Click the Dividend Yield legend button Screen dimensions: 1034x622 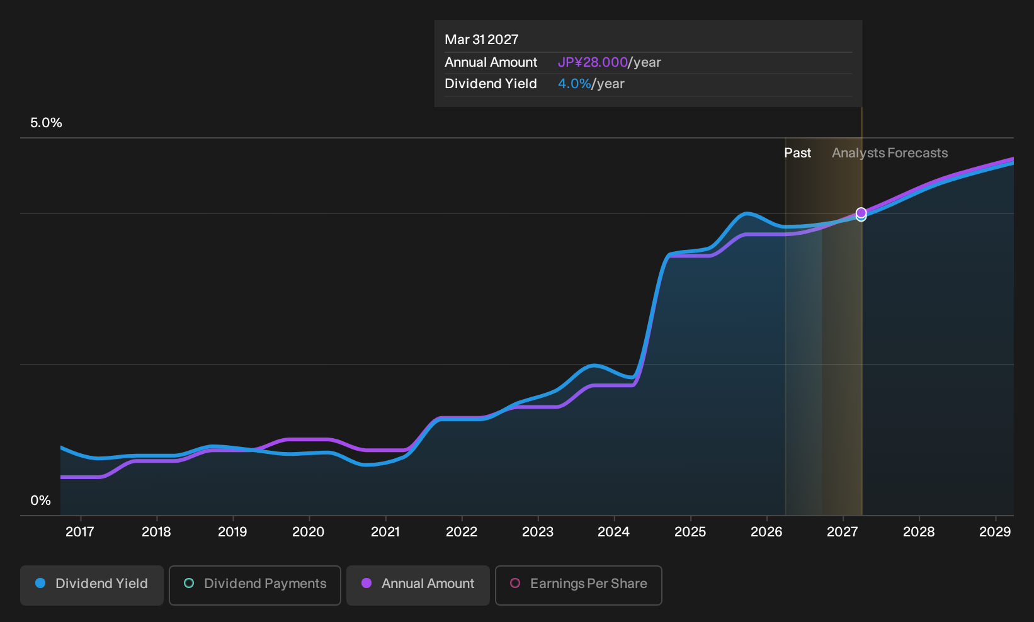[x=92, y=585]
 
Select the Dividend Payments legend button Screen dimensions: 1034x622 [x=255, y=585]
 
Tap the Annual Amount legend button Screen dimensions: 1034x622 [x=418, y=585]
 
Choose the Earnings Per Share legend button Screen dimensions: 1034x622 [x=578, y=585]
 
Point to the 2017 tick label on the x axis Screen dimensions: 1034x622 [x=80, y=532]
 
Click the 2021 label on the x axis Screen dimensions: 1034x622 [x=385, y=532]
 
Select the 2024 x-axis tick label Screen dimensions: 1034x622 [x=614, y=532]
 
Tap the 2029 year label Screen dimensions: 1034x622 [x=995, y=532]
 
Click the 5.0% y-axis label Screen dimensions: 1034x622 [x=46, y=123]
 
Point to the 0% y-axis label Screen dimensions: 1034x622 [x=41, y=500]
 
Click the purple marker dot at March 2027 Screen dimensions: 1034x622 [x=861, y=213]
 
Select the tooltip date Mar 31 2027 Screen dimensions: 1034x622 [x=482, y=40]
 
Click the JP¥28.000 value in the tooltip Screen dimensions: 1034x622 [x=593, y=62]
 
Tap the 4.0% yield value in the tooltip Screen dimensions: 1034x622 [x=574, y=84]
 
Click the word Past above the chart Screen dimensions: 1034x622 [x=798, y=153]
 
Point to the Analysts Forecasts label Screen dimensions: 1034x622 [x=890, y=153]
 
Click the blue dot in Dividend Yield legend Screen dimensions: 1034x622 [x=41, y=583]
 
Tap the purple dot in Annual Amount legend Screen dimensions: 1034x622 [x=366, y=583]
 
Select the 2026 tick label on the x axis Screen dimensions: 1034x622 [x=767, y=532]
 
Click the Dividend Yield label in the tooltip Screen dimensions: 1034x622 [x=491, y=84]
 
